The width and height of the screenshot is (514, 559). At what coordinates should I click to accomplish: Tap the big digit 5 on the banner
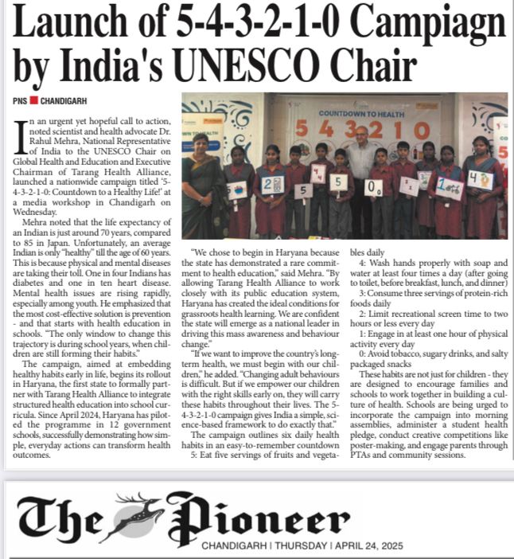click(302, 128)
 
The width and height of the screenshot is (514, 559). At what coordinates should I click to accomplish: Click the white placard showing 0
click(374, 188)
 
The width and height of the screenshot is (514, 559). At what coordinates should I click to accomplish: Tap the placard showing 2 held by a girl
click(272, 184)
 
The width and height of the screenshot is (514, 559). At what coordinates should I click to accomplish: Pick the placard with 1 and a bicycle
click(448, 189)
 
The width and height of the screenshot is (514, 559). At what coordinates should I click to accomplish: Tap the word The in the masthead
click(60, 522)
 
